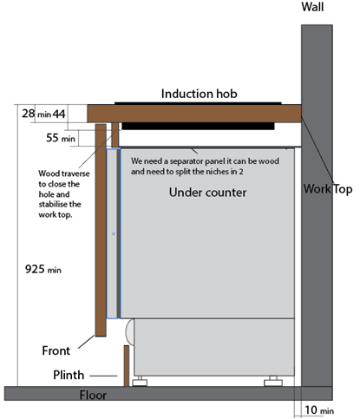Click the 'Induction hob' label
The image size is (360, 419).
199,94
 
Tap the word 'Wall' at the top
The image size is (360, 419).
312,7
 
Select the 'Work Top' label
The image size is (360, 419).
328,189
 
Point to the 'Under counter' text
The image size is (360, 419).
207,193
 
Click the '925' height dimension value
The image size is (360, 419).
35,269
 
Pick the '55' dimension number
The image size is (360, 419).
52,138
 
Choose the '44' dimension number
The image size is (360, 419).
59,115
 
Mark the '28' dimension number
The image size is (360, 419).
29,114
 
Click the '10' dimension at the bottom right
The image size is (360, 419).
311,409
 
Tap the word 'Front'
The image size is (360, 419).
56,350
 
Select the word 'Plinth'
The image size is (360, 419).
69,375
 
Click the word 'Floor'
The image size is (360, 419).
93,395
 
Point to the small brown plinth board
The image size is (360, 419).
127,365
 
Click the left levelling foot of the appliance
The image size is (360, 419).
140,381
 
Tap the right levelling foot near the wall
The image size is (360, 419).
273,381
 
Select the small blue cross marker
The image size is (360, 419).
114,234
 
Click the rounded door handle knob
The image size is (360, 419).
130,332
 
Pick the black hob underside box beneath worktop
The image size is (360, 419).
198,126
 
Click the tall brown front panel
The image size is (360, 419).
101,230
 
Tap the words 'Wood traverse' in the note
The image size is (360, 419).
64,173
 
